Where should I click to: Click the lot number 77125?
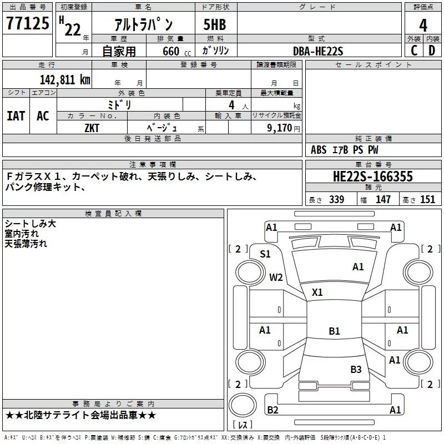pyautogui.click(x=28, y=23)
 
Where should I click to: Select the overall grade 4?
pyautogui.click(x=423, y=26)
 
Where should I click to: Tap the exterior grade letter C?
pyautogui.click(x=414, y=51)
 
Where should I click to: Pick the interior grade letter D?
pyautogui.click(x=432, y=51)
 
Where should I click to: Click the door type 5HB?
pyautogui.click(x=215, y=24)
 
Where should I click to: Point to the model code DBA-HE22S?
pyautogui.click(x=318, y=51)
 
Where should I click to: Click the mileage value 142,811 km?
pyautogui.click(x=65, y=80)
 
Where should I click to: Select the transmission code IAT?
pyautogui.click(x=16, y=116)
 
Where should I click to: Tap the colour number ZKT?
pyautogui.click(x=92, y=128)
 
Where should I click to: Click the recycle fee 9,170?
pyautogui.click(x=280, y=128)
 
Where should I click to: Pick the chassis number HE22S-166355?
pyautogui.click(x=373, y=176)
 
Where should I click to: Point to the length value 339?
pyautogui.click(x=336, y=199)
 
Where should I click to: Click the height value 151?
pyautogui.click(x=427, y=199)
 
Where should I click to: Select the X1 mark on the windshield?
pyautogui.click(x=317, y=292)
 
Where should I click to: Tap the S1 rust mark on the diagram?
pyautogui.click(x=265, y=254)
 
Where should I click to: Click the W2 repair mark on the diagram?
pyautogui.click(x=276, y=277)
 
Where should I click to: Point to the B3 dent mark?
pyautogui.click(x=356, y=369)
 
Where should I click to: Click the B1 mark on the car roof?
pyautogui.click(x=334, y=331)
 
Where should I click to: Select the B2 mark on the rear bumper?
pyautogui.click(x=273, y=410)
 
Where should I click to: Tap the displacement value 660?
pyautogui.click(x=171, y=51)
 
